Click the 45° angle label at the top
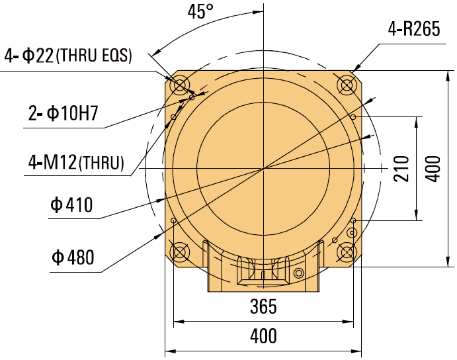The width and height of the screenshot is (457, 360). [x=202, y=13]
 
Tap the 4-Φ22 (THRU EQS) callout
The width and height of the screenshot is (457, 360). [x=68, y=56]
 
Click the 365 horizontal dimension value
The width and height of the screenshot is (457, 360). [x=263, y=307]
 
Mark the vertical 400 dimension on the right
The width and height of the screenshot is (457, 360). [x=432, y=169]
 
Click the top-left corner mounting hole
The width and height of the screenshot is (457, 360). [x=179, y=85]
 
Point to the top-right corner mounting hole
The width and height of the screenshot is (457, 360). [x=347, y=85]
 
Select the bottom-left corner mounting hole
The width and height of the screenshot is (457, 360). [x=179, y=252]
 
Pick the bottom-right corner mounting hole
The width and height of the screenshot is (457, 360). [x=347, y=252]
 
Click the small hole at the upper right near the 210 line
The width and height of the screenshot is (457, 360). [x=354, y=117]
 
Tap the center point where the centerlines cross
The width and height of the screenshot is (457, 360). [x=263, y=168]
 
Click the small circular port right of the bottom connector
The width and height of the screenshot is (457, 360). [x=300, y=273]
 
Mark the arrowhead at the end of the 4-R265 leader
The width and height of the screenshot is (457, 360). [x=356, y=68]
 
